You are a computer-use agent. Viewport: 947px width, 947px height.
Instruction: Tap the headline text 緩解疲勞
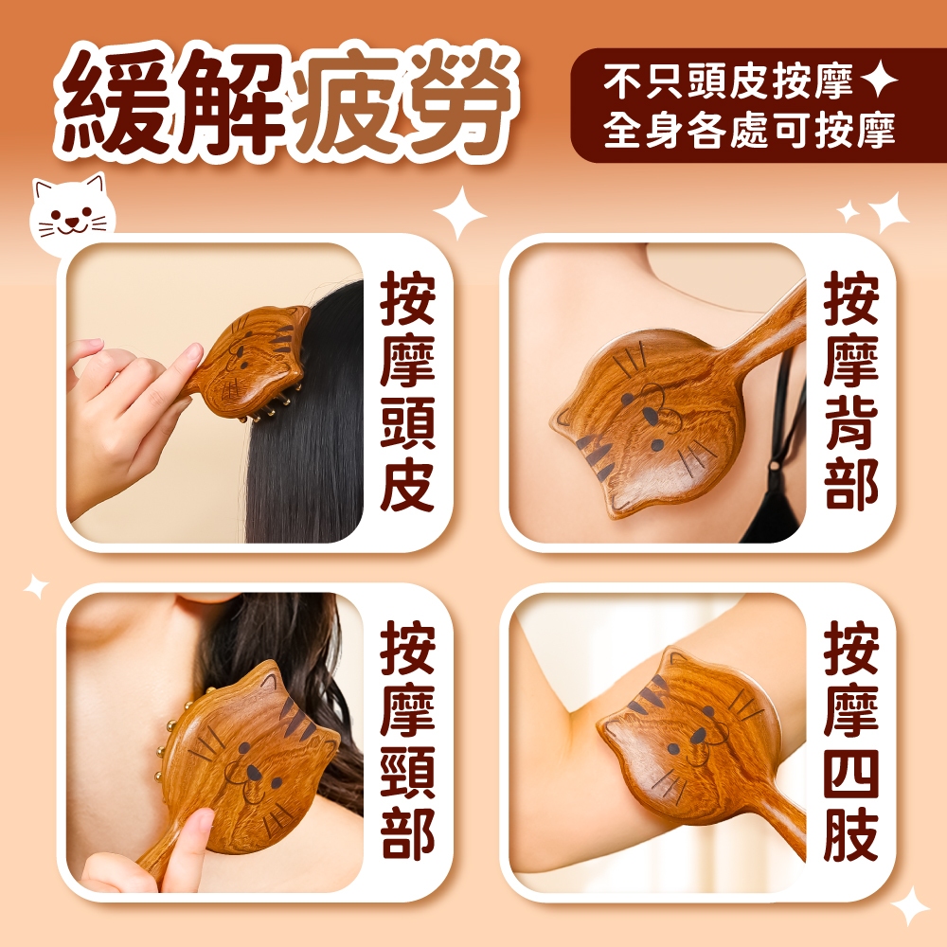(x=284, y=104)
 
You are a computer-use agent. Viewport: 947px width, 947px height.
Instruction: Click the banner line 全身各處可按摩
(x=749, y=129)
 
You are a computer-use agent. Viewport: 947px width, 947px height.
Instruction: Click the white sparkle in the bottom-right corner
(x=910, y=906)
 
